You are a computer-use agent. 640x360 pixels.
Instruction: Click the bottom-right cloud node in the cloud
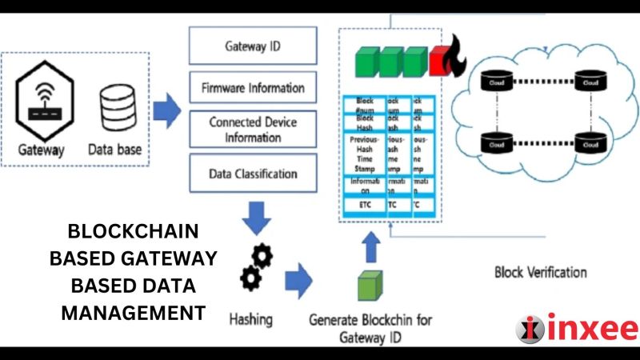click(x=590, y=144)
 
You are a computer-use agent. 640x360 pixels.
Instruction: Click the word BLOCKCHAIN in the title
click(x=133, y=231)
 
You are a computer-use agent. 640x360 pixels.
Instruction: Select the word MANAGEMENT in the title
click(x=133, y=312)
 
